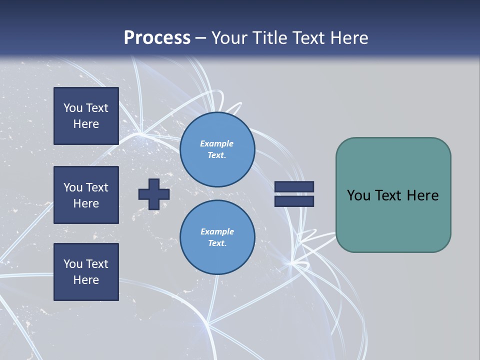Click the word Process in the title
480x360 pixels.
click(157, 37)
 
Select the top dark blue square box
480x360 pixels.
click(86, 116)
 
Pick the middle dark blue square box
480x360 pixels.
click(86, 195)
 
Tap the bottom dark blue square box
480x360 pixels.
click(86, 272)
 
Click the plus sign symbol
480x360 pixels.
click(154, 194)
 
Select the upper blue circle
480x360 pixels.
click(217, 149)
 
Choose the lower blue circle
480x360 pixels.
click(217, 237)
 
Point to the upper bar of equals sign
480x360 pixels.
click(294, 186)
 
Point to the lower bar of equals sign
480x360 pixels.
click(294, 201)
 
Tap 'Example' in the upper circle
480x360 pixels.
click(216, 143)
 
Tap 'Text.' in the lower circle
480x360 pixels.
click(217, 243)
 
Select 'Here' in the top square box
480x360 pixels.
click(86, 124)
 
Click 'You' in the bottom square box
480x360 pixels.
click(73, 264)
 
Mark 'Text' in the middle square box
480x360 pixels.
click(97, 187)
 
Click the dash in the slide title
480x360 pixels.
click(201, 38)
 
